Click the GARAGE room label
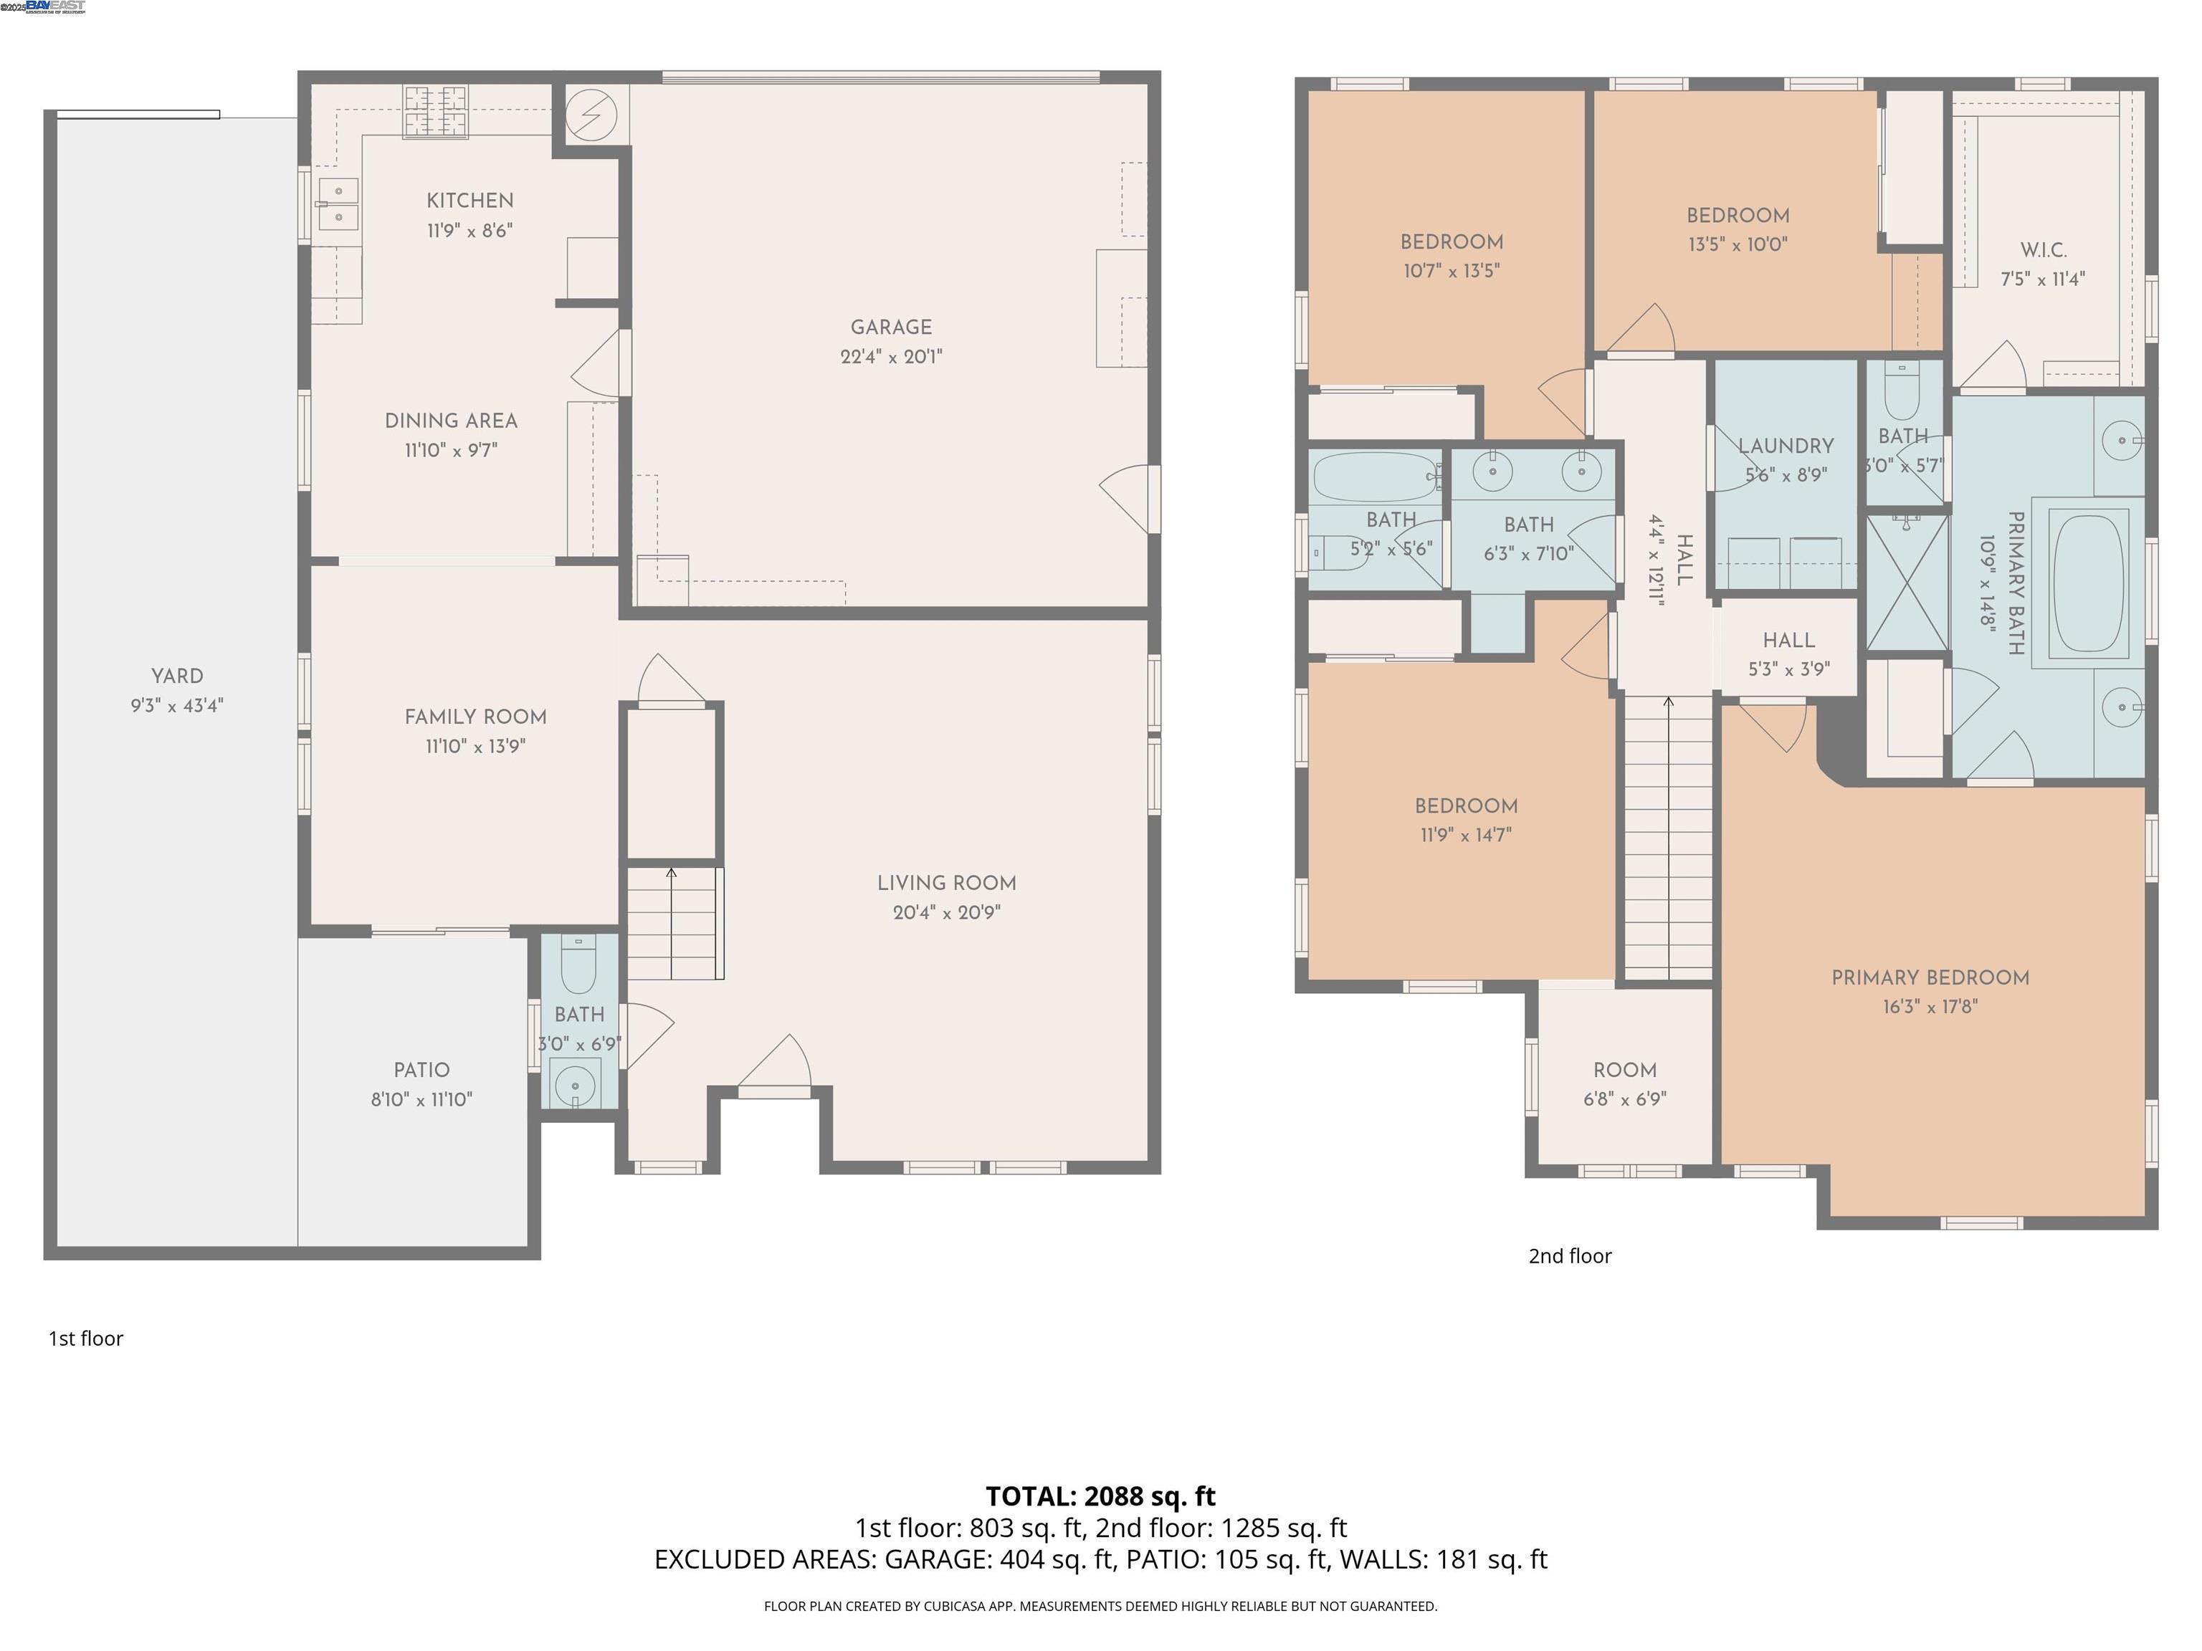891,327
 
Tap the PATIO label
421,1071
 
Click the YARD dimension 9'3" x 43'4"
177,707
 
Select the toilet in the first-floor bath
578,965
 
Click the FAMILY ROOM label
475,717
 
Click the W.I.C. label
2043,251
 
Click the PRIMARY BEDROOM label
1929,978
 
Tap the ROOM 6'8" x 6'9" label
1625,1071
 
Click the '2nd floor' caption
1569,1257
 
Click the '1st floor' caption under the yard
85,1339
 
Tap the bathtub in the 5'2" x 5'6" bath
1374,477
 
